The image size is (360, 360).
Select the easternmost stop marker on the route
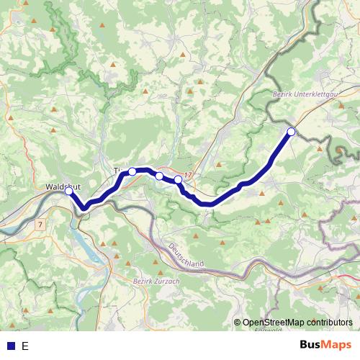291,131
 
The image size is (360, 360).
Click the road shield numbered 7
41,224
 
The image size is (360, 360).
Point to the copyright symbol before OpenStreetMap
238,323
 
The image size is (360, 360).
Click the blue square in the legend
10,346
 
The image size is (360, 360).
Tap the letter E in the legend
25,346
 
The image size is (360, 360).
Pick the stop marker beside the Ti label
132,171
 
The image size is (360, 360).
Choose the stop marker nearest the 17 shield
178,179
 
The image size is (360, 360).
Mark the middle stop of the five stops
159,175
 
